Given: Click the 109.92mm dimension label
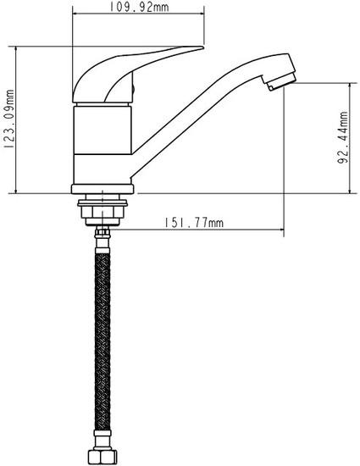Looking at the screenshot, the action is [139, 7].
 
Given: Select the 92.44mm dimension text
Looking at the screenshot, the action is [342, 137].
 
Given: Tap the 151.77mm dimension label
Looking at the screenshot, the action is [194, 222].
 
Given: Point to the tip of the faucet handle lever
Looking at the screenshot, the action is [203, 47].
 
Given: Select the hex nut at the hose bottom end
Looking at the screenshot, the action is [102, 456].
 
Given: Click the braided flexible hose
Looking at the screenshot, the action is [102, 341].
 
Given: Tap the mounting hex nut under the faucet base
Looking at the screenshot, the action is [102, 212].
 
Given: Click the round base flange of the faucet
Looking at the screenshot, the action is [102, 189].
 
